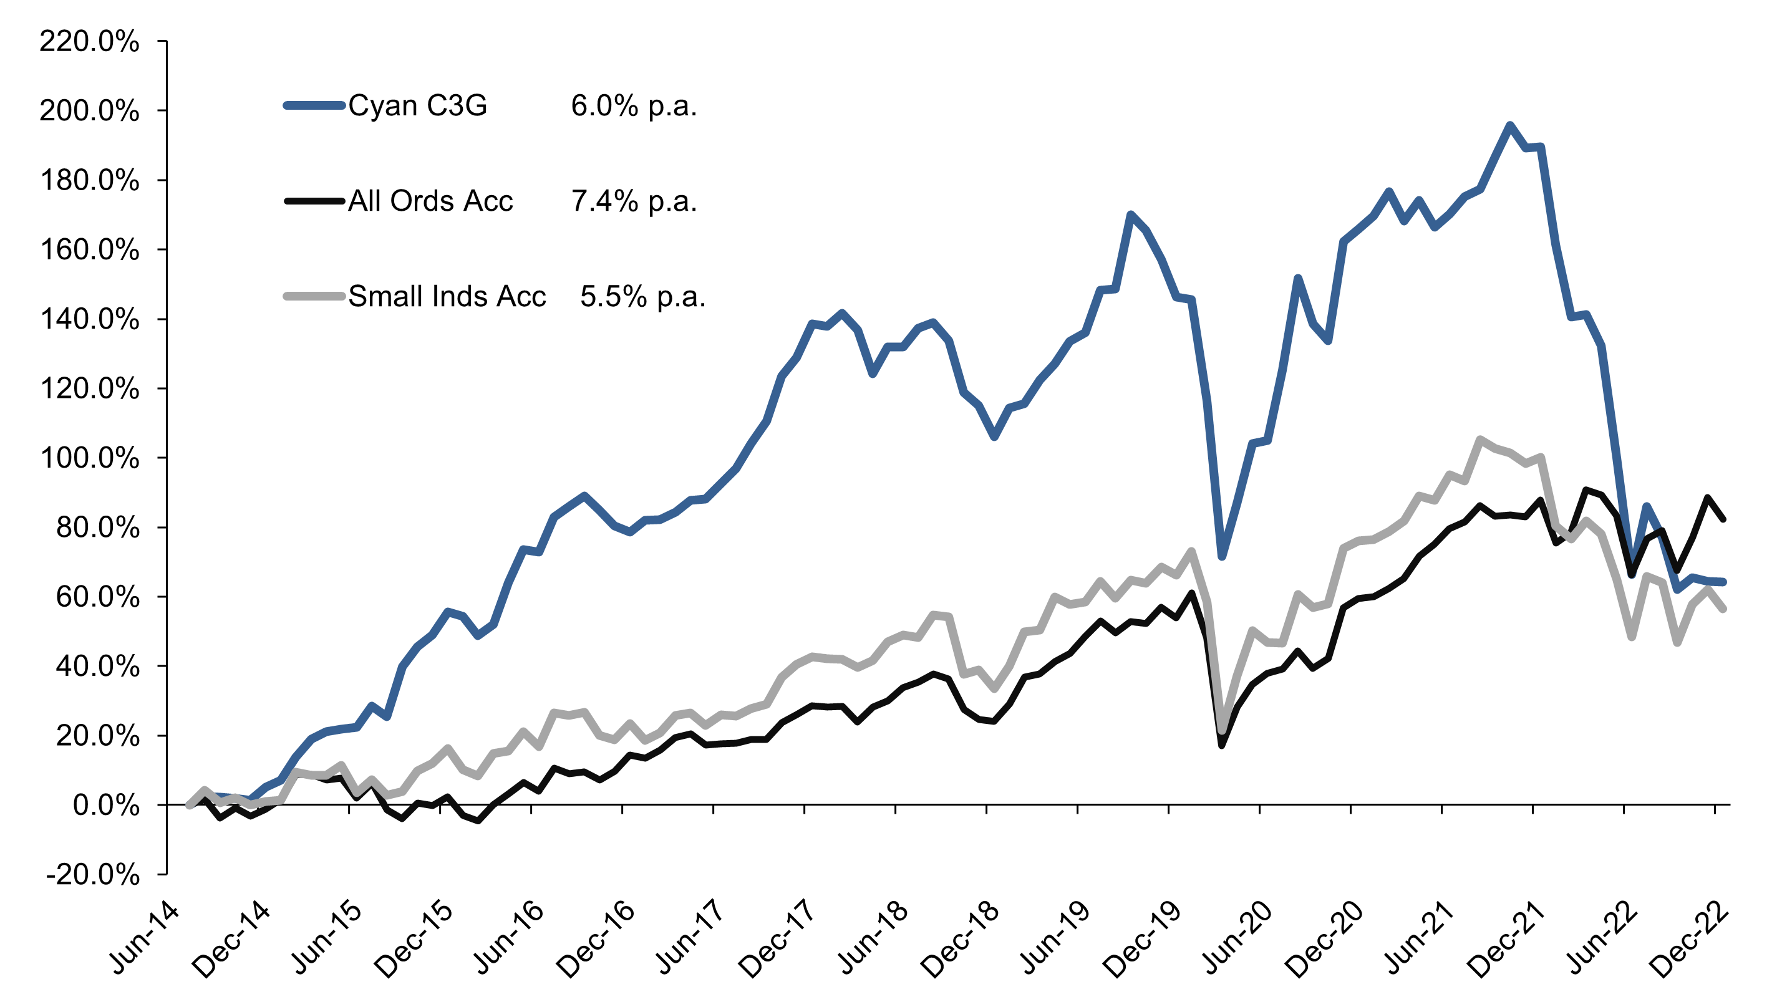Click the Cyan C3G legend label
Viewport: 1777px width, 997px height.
point(417,105)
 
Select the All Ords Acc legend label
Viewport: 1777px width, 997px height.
point(430,201)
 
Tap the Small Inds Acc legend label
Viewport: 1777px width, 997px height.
point(447,296)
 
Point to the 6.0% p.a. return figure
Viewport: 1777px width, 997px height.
point(634,105)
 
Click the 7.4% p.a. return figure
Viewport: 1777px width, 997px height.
point(634,201)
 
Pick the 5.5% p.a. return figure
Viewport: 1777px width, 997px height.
point(643,296)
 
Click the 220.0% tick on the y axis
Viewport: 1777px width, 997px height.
point(90,42)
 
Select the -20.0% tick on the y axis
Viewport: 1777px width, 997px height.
point(93,875)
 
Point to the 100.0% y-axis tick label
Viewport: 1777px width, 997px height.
point(90,458)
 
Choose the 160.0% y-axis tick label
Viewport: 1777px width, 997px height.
point(90,249)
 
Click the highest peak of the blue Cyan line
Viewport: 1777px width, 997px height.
point(1509,125)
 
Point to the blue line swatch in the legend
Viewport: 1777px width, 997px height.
point(314,105)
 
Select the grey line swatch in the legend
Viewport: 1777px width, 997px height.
point(314,296)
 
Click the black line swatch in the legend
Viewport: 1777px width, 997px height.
point(314,201)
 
